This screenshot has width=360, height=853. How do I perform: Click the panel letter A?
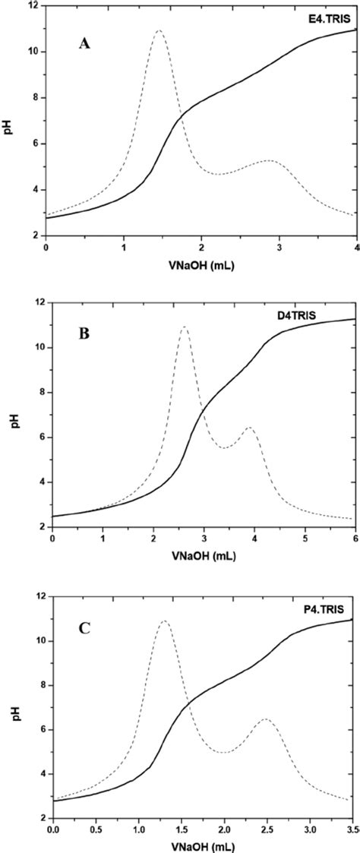(x=85, y=44)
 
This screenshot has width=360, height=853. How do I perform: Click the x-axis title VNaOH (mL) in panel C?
(x=203, y=845)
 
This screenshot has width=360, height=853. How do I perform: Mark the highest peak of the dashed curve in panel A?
(x=159, y=31)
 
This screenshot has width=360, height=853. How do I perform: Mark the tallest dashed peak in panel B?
(x=184, y=327)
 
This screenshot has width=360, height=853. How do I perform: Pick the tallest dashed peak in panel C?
(x=163, y=621)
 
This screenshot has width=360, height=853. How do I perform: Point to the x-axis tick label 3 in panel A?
(x=279, y=248)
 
